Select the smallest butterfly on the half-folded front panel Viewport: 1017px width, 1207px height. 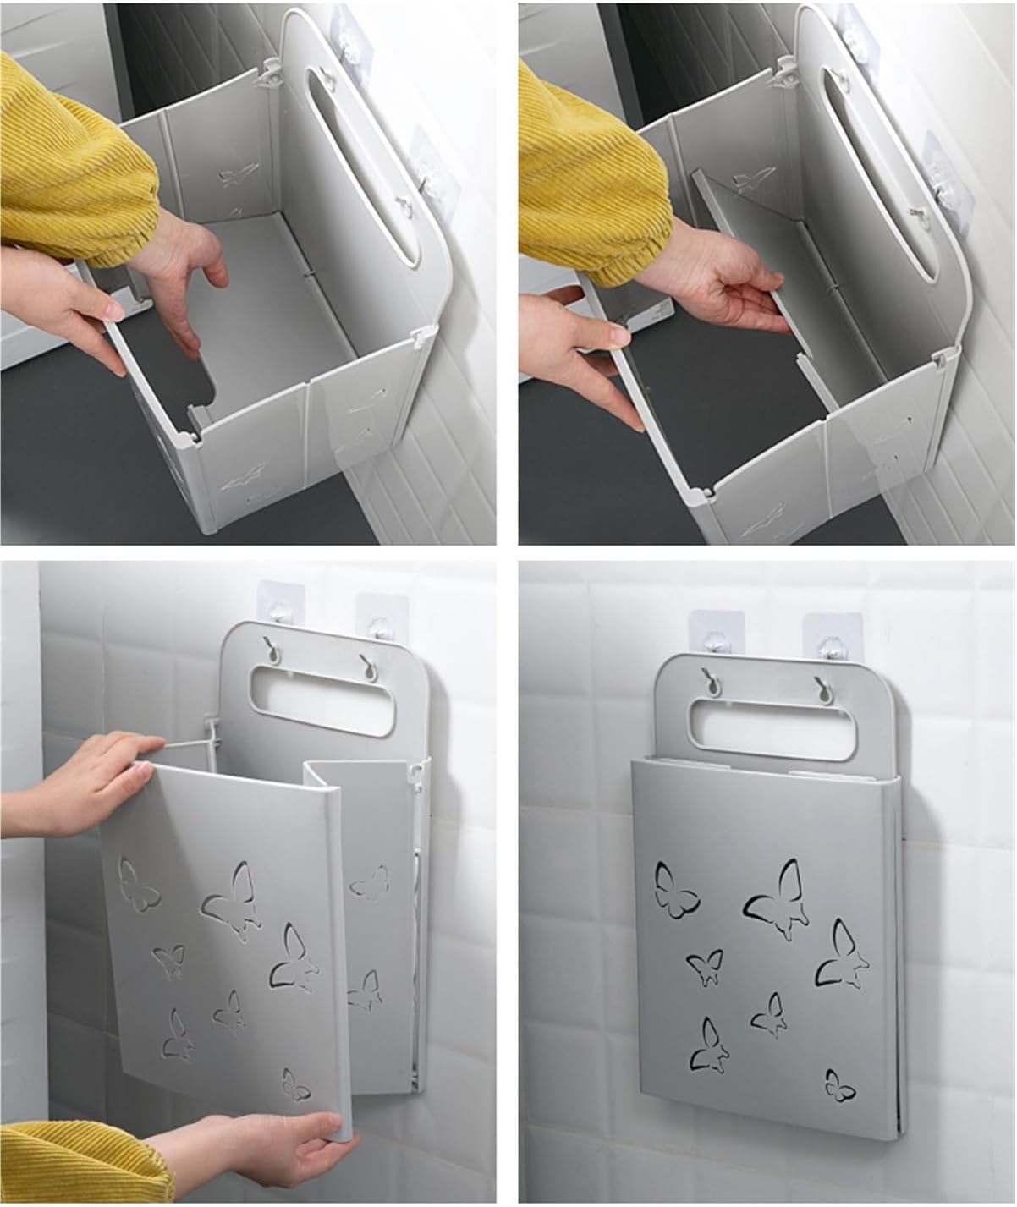[295, 1084]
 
